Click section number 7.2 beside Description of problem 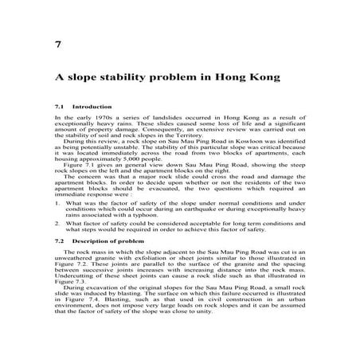point(59,240)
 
